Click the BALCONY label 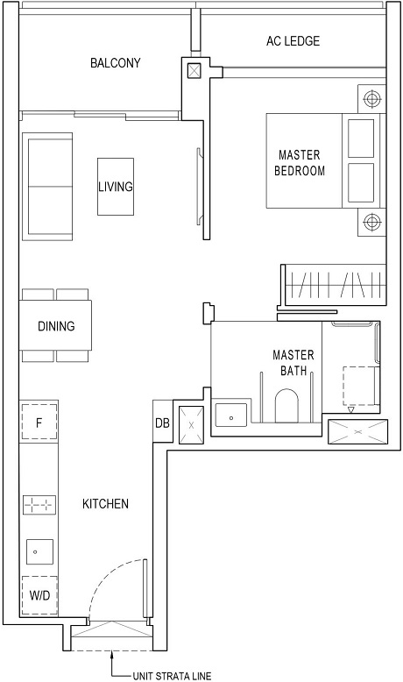pyautogui.click(x=115, y=63)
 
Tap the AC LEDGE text pyautogui.click(x=293, y=41)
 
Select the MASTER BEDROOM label pyautogui.click(x=299, y=163)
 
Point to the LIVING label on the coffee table pyautogui.click(x=116, y=187)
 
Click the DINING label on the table pyautogui.click(x=56, y=326)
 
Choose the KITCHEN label pyautogui.click(x=106, y=504)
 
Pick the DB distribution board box pyautogui.click(x=162, y=423)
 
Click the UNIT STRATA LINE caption pyautogui.click(x=172, y=675)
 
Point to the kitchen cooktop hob pyautogui.click(x=39, y=504)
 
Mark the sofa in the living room pyautogui.click(x=51, y=186)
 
